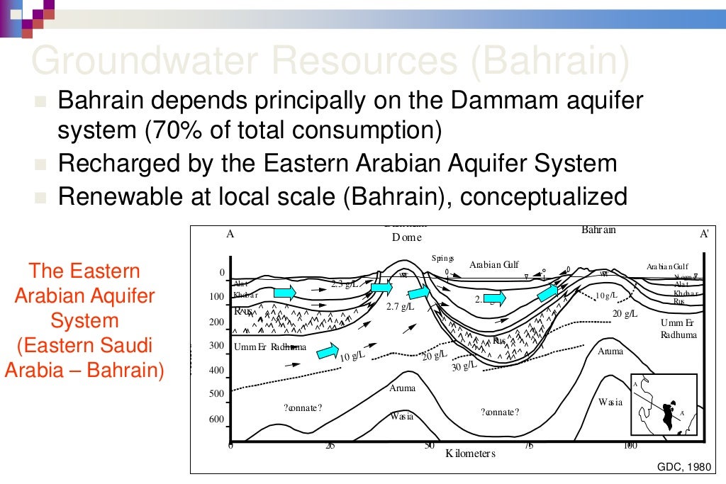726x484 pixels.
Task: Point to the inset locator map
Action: coord(664,405)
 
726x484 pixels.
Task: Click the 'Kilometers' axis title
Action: coord(470,454)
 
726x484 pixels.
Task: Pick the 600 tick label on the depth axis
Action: coord(216,420)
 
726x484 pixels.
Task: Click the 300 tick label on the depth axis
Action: coord(216,346)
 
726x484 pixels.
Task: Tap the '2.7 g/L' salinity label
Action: coord(400,307)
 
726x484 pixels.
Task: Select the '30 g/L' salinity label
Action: coord(464,366)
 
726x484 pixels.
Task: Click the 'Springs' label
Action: coord(442,259)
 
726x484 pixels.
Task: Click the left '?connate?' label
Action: coord(303,407)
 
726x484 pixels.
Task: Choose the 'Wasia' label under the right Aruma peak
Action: coord(610,402)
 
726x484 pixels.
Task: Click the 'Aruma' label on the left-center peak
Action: coord(402,388)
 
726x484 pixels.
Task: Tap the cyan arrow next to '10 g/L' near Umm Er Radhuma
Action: coord(327,349)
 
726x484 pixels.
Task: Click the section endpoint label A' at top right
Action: coord(703,233)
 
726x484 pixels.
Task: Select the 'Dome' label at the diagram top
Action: coord(406,237)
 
